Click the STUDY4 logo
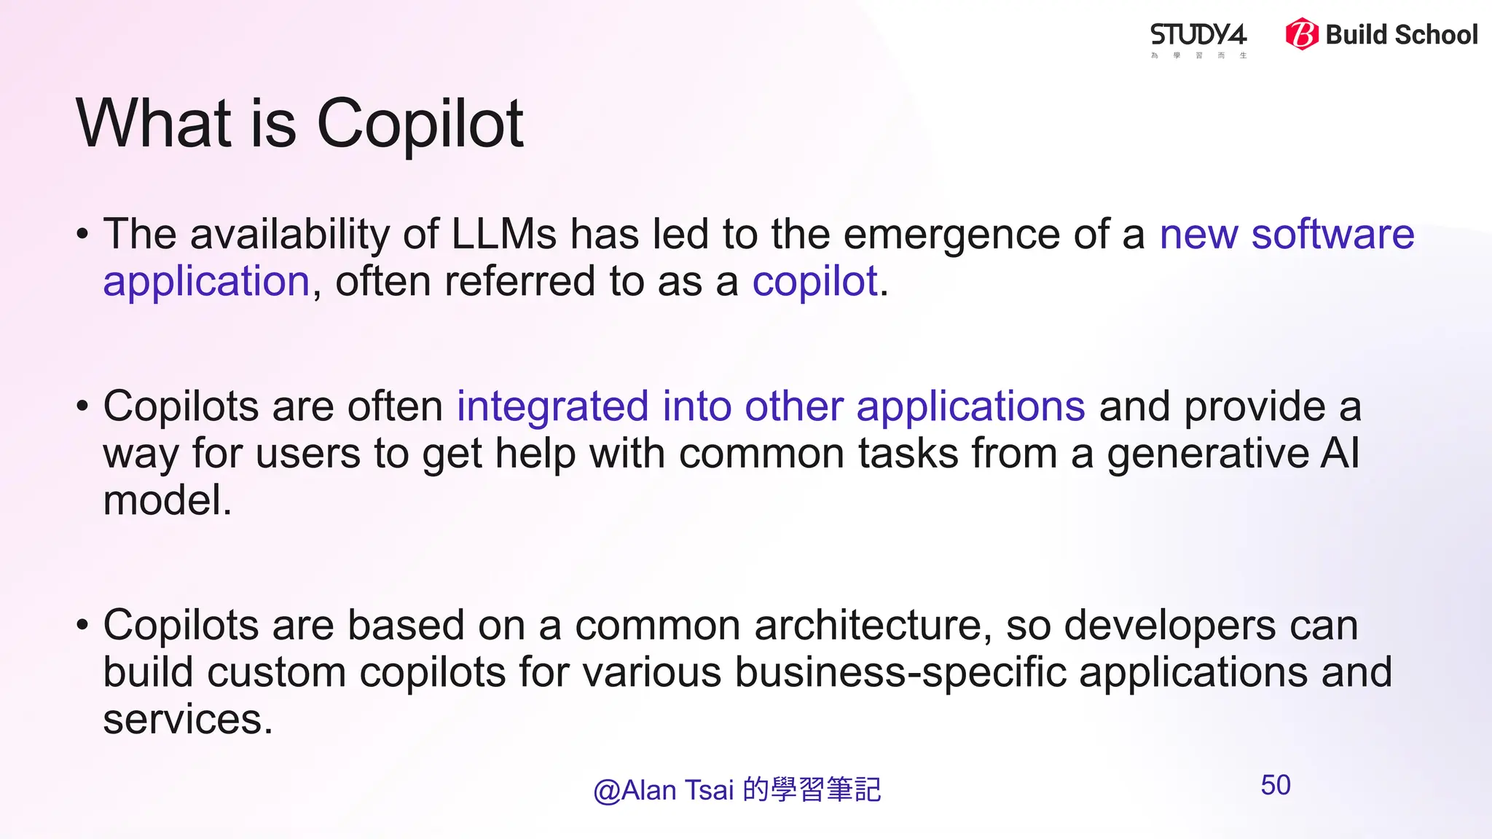click(1198, 36)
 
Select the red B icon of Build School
click(1301, 34)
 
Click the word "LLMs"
click(504, 235)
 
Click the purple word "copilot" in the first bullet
click(814, 282)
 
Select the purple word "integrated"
click(552, 406)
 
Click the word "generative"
click(1208, 454)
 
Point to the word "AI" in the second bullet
click(1340, 453)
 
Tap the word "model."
click(168, 500)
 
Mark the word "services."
click(188, 720)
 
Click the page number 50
click(1276, 785)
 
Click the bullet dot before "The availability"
click(82, 235)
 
